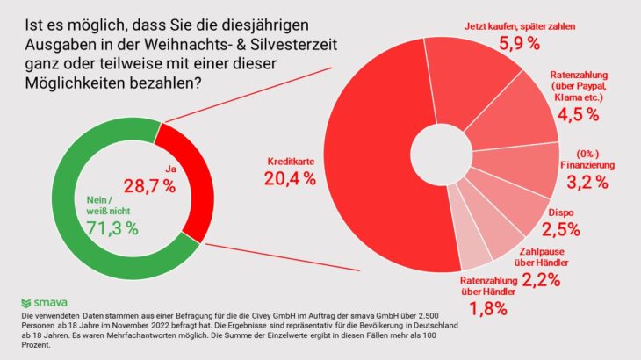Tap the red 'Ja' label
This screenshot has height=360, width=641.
click(171, 168)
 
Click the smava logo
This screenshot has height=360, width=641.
click(50, 301)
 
